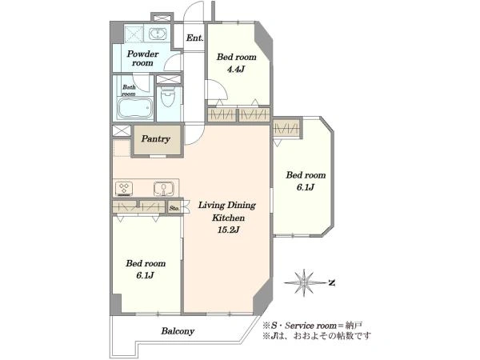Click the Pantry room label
coord(155,139)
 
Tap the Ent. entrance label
coord(194,38)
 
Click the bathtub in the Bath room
coord(135,108)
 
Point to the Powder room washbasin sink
coord(158,34)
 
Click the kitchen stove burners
coord(124,189)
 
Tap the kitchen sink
coord(164,189)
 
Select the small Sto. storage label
coord(174,208)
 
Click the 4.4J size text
coord(236,69)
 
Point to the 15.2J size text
coord(228,230)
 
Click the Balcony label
coord(178,331)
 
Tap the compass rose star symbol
coord(305,282)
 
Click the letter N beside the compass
coord(331,283)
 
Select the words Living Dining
coord(227,205)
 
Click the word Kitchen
coord(228,218)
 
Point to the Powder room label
coord(142,58)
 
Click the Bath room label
coord(129,90)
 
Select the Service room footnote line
coord(313,326)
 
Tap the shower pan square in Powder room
coord(133,34)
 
